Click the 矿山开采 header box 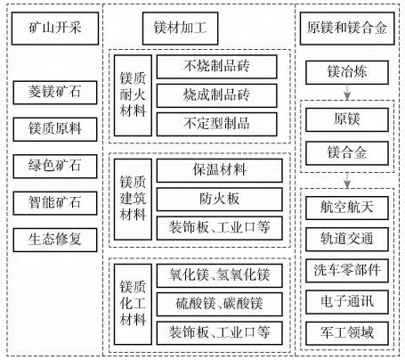click(x=55, y=29)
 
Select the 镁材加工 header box click(x=181, y=29)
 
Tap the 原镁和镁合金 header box click(x=347, y=29)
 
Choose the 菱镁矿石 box click(x=55, y=93)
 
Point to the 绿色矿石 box click(x=55, y=167)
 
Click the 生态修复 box click(x=55, y=240)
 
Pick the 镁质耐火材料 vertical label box click(x=133, y=95)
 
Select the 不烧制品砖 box click(x=217, y=67)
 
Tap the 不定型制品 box click(x=217, y=124)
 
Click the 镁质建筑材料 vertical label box click(x=133, y=200)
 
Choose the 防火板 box click(x=220, y=200)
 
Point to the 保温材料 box click(x=220, y=170)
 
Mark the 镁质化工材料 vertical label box click(x=133, y=304)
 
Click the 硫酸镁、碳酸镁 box click(x=220, y=304)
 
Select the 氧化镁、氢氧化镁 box click(x=220, y=275)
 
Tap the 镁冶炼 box click(x=347, y=72)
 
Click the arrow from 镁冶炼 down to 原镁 click(x=347, y=92)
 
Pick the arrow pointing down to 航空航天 click(x=347, y=180)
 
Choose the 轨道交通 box click(x=347, y=240)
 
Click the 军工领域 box click(x=347, y=333)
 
